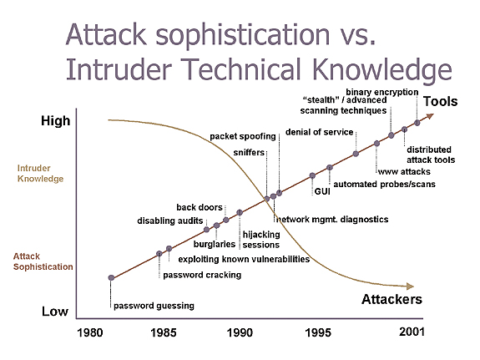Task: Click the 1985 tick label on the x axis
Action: click(x=163, y=332)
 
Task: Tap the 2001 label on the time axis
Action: click(x=412, y=332)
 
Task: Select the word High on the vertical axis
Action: click(x=55, y=121)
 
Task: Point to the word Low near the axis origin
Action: click(x=55, y=312)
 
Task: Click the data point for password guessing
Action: click(x=111, y=278)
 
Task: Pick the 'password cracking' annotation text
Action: click(x=202, y=275)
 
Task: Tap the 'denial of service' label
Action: click(x=319, y=132)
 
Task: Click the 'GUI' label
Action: click(x=322, y=191)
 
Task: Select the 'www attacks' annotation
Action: click(x=404, y=171)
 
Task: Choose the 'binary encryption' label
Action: click(x=382, y=92)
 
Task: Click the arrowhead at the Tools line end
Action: click(x=431, y=116)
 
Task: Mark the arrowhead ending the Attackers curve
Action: click(x=410, y=286)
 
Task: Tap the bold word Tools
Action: click(x=440, y=101)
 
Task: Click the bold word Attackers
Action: click(x=392, y=299)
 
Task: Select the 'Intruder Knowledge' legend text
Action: click(x=40, y=174)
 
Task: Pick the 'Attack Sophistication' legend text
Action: click(x=43, y=261)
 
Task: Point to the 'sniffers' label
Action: click(x=249, y=152)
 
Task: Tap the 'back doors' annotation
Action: click(x=200, y=207)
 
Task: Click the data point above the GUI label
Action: click(x=312, y=175)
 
